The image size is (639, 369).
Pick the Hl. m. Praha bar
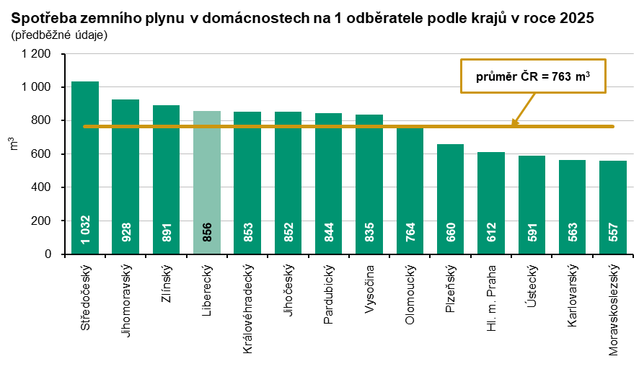click(491, 203)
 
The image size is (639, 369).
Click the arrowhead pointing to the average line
click(514, 123)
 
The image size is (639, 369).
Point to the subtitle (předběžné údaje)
click(59, 35)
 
